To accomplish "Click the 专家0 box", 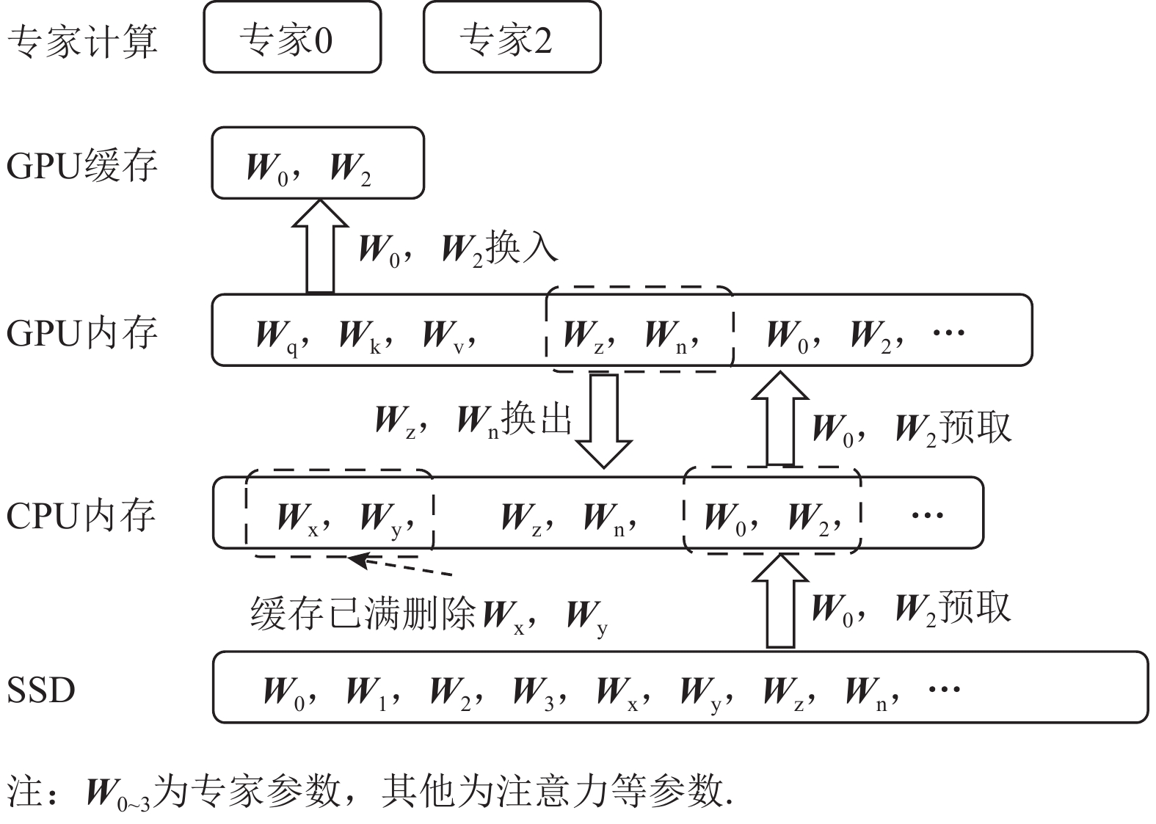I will click(292, 37).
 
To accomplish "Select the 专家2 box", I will click(512, 37).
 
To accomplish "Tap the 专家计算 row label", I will click(82, 40).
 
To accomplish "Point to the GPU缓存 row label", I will click(82, 164).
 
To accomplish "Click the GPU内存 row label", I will click(82, 333).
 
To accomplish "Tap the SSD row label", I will click(41, 690).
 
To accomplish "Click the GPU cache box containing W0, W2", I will click(318, 163).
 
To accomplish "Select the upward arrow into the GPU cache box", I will click(319, 247).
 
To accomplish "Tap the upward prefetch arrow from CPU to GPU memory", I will click(780, 418).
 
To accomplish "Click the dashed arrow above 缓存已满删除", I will click(400, 566).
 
